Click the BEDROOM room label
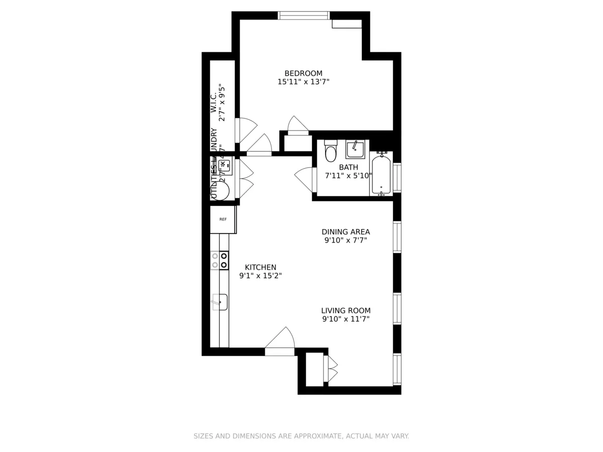(x=303, y=73)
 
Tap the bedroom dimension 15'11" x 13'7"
(x=303, y=81)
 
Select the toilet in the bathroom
(x=331, y=152)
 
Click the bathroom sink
(x=355, y=150)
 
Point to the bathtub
(x=381, y=174)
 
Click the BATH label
(x=348, y=167)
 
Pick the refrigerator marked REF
(x=223, y=219)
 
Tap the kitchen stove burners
(x=220, y=260)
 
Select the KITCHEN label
(x=260, y=267)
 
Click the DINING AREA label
(x=346, y=232)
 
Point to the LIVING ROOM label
(x=346, y=310)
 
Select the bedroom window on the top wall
(x=304, y=16)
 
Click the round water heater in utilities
(x=220, y=191)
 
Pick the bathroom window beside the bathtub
(x=397, y=178)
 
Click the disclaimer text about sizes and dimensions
(x=301, y=436)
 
